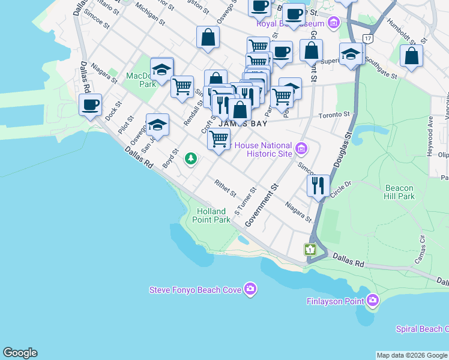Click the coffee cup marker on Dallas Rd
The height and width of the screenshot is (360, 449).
pos(90,106)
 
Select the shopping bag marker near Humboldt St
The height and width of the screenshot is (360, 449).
pos(411,56)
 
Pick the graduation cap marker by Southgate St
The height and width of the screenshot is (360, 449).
pos(351,54)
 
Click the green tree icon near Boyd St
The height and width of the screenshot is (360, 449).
pos(191,159)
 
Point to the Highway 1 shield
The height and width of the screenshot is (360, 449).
pos(310,250)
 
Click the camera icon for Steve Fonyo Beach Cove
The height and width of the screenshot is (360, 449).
pos(250,290)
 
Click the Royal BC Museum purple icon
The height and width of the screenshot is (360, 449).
pos(334,24)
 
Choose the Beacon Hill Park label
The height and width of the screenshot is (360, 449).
pos(399,192)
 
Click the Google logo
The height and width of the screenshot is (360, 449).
pos(20,353)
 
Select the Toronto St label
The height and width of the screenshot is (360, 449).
pos(334,114)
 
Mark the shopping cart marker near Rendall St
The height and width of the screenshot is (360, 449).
pos(182,86)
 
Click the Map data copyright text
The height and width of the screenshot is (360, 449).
pos(412,355)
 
